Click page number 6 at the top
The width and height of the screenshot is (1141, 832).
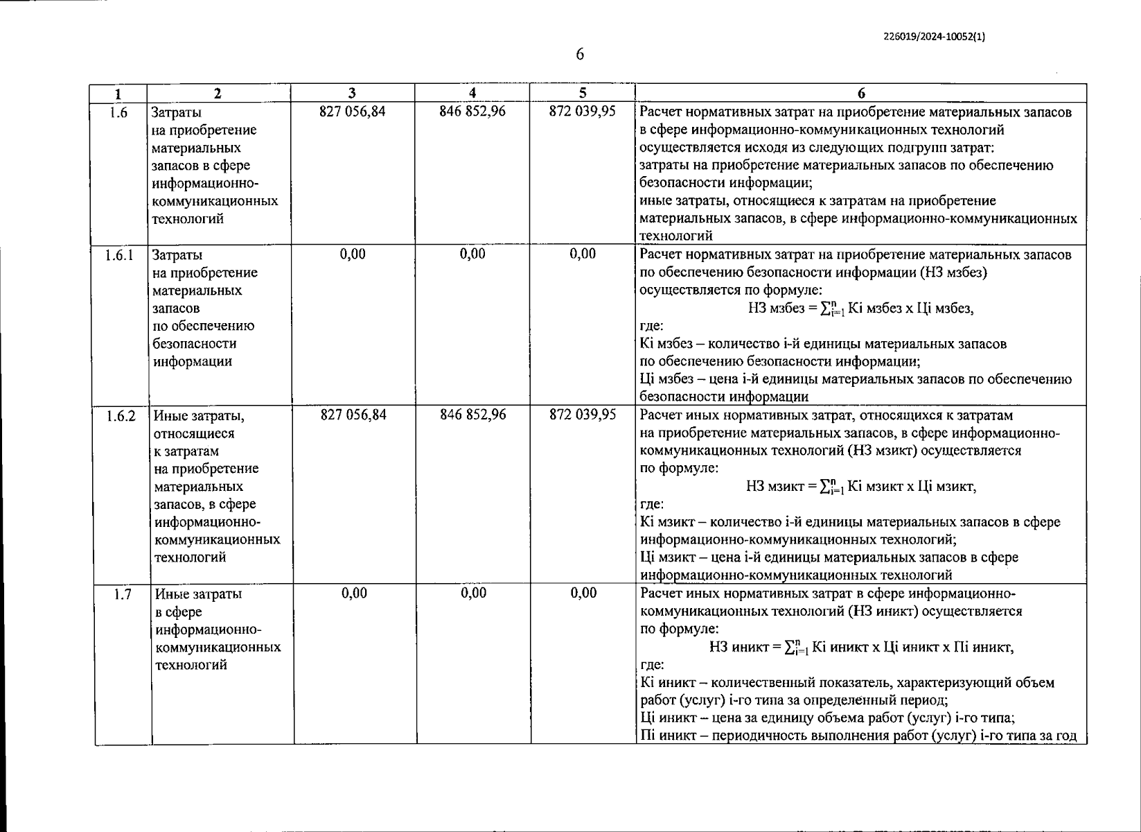click(580, 54)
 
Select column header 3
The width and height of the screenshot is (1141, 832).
click(352, 93)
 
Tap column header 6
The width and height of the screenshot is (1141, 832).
click(860, 93)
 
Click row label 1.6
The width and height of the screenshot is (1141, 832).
click(119, 112)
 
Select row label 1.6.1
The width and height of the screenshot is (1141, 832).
click(119, 255)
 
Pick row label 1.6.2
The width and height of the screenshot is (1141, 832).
click(121, 416)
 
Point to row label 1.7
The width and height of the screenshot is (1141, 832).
click(123, 594)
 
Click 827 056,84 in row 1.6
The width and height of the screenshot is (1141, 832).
click(352, 112)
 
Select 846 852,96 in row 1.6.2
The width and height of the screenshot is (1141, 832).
click(473, 415)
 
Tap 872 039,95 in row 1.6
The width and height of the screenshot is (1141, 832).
click(582, 112)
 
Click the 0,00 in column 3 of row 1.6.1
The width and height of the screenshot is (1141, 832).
click(353, 254)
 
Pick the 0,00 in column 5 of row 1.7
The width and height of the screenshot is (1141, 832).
click(583, 593)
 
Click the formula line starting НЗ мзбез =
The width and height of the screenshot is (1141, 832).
click(860, 309)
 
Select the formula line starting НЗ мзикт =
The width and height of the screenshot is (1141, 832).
click(861, 487)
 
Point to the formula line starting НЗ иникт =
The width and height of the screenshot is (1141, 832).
click(861, 648)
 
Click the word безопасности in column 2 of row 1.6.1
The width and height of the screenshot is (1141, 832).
click(194, 344)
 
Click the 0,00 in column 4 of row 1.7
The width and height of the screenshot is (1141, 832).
click(473, 593)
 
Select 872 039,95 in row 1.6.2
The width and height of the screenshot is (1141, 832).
click(583, 415)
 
